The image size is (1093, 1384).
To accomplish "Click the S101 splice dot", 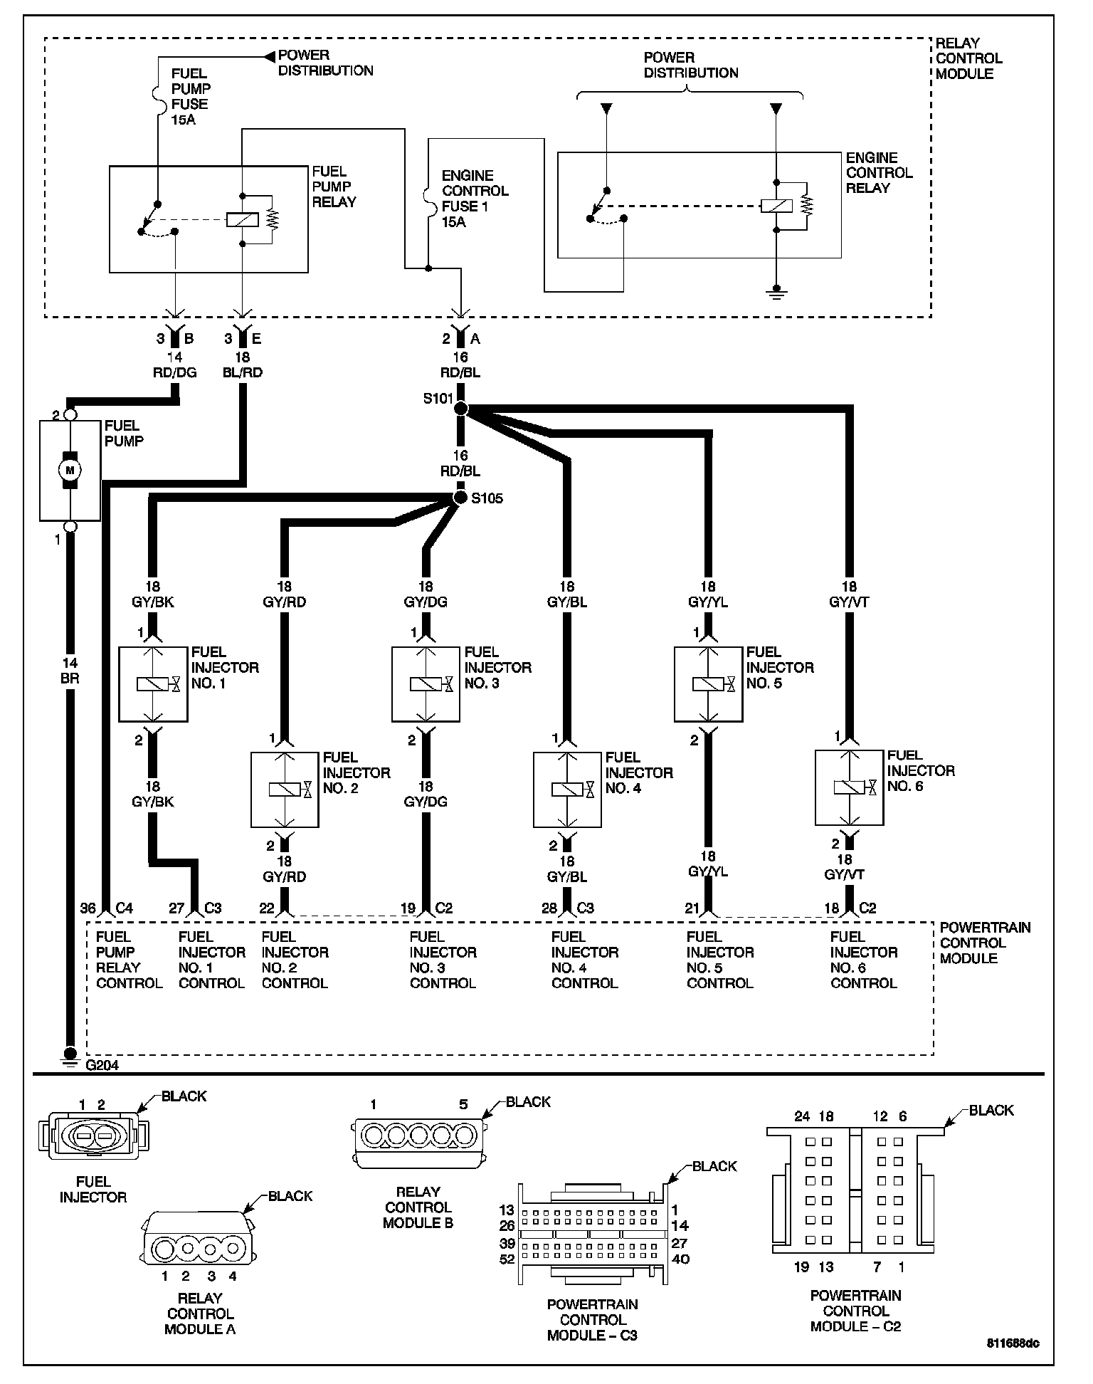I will point(460,409).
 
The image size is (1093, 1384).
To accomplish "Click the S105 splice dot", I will point(460,498).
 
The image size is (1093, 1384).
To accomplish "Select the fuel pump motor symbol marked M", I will point(70,470).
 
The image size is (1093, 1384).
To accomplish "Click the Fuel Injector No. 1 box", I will point(153,684).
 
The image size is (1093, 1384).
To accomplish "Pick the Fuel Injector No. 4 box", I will point(567,790).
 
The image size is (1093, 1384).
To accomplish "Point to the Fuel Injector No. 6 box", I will point(849,787).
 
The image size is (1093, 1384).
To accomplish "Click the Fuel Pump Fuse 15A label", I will point(189,96).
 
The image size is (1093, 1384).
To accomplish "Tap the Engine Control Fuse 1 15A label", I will point(475,199).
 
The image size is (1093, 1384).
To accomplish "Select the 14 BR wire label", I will point(70,671).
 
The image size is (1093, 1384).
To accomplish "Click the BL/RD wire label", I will point(243,372).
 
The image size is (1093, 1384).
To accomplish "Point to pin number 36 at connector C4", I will point(88,908).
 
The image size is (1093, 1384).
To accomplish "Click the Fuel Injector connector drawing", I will point(94,1137).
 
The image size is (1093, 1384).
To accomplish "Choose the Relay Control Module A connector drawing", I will point(199,1247).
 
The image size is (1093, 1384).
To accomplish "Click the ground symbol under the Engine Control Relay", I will point(776,293).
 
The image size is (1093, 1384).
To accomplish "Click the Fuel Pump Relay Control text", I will point(129,960).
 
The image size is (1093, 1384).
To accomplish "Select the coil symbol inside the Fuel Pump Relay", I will point(242,219).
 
